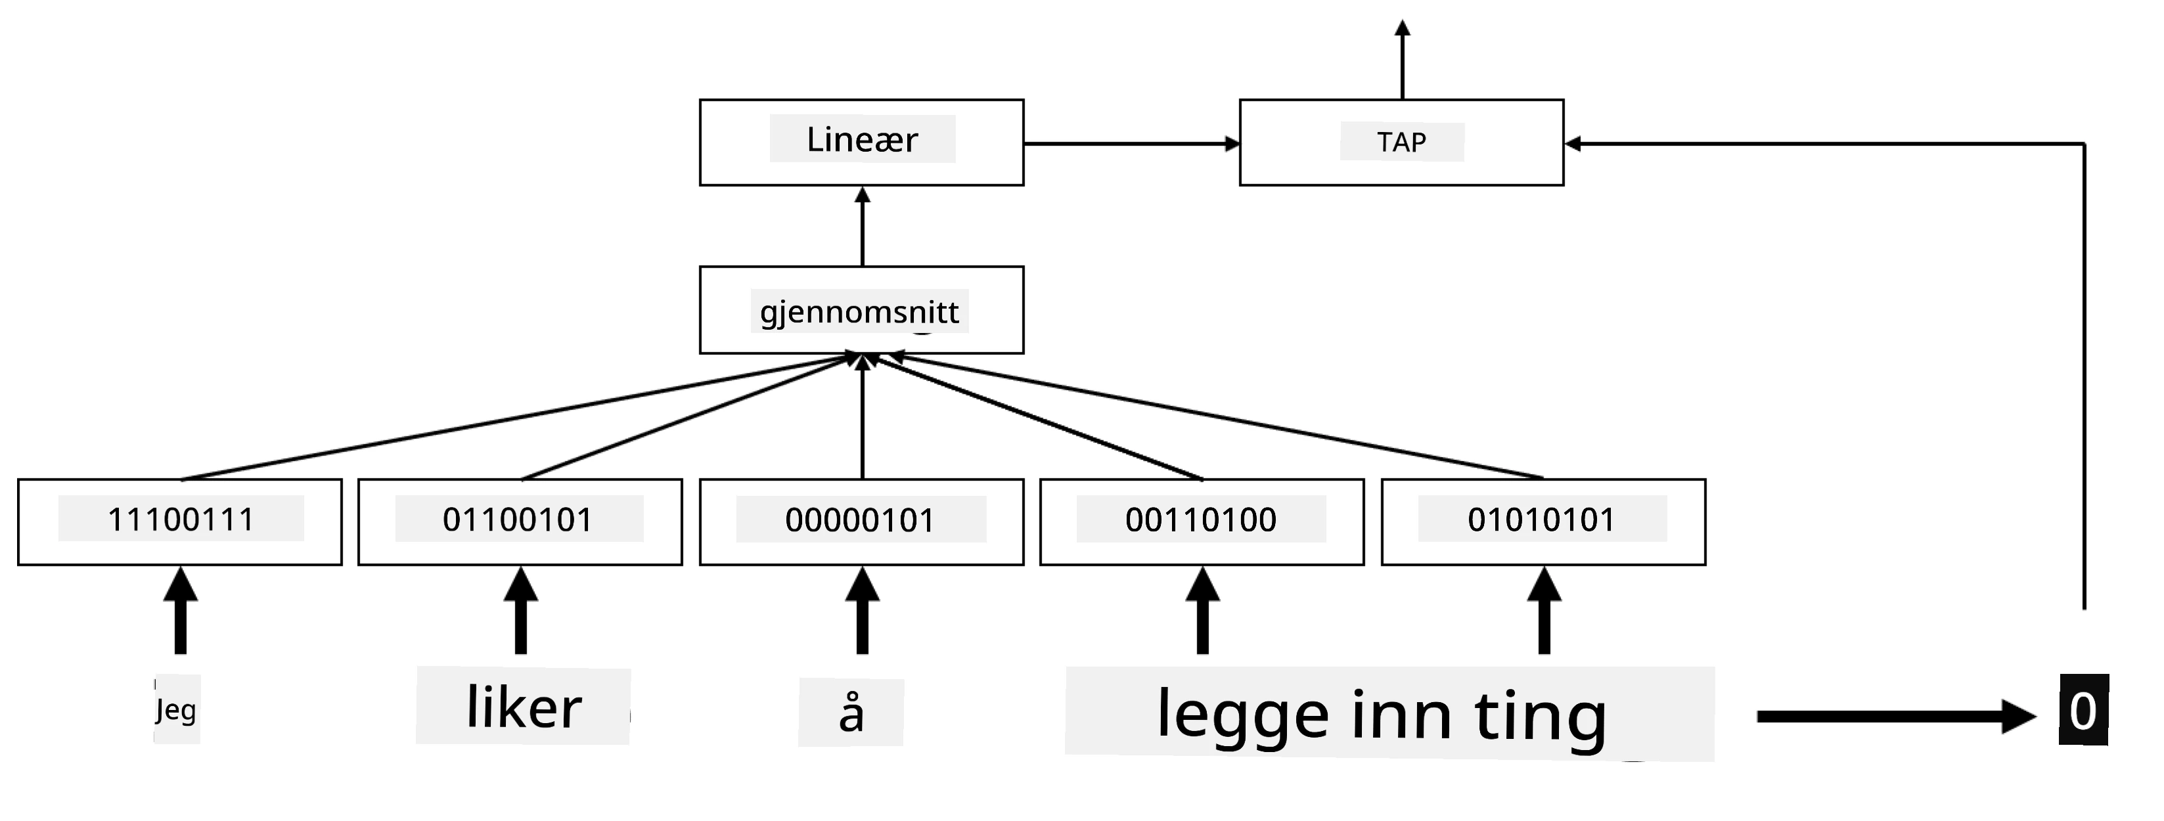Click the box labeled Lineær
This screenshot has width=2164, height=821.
tap(861, 143)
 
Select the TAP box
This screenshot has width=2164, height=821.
tap(1401, 143)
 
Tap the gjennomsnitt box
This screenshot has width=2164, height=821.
tap(861, 311)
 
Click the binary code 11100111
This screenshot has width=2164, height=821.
tap(181, 520)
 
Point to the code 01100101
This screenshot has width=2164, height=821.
tap(518, 520)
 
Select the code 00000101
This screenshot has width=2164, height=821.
tap(860, 520)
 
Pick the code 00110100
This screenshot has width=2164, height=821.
tap(1202, 520)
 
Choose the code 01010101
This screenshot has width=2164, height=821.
tap(1541, 520)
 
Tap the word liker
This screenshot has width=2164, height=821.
tap(524, 707)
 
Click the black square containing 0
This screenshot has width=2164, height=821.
tap(2083, 709)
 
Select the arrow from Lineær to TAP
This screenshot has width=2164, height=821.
tap(1131, 144)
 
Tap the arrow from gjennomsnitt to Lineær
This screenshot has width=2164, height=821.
tap(862, 227)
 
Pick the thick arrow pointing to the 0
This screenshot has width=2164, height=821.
tap(1897, 716)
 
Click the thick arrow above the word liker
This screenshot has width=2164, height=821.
tap(521, 610)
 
